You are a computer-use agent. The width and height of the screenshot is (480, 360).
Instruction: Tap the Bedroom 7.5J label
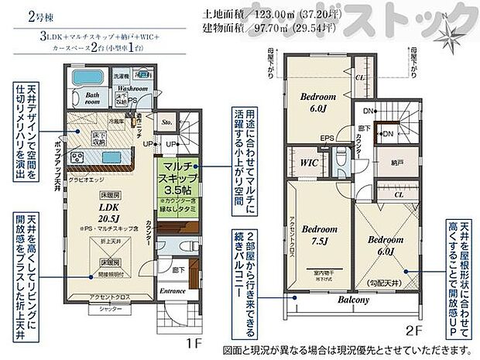[317, 235]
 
